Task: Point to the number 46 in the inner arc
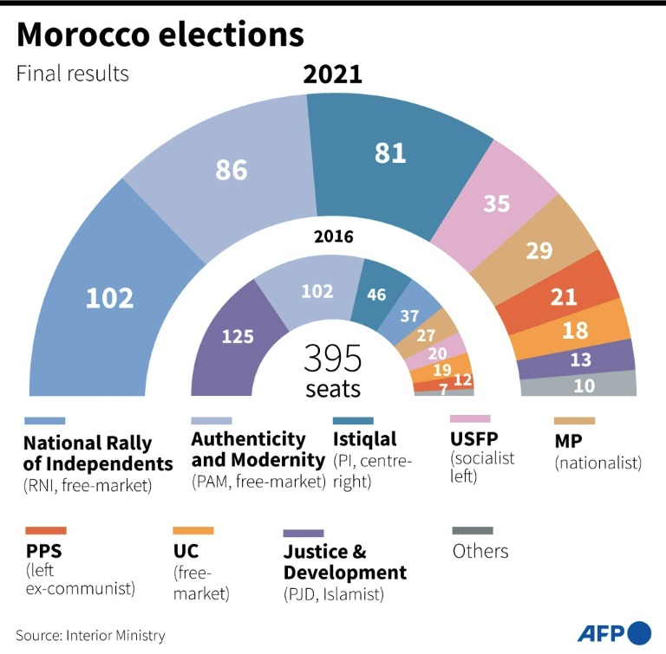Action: click(376, 295)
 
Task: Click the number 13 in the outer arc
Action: click(580, 359)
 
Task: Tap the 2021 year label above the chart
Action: click(333, 74)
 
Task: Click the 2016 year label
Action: click(333, 236)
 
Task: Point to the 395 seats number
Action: click(333, 359)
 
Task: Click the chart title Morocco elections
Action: click(160, 34)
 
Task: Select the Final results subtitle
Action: click(72, 73)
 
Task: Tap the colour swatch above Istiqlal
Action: click(353, 421)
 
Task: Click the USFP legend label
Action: click(474, 439)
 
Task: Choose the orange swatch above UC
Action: click(193, 530)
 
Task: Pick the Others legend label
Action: click(480, 551)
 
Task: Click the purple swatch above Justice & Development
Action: click(304, 533)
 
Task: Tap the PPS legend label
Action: click(43, 551)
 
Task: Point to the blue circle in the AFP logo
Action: click(639, 633)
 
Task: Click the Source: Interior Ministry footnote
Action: click(90, 635)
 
